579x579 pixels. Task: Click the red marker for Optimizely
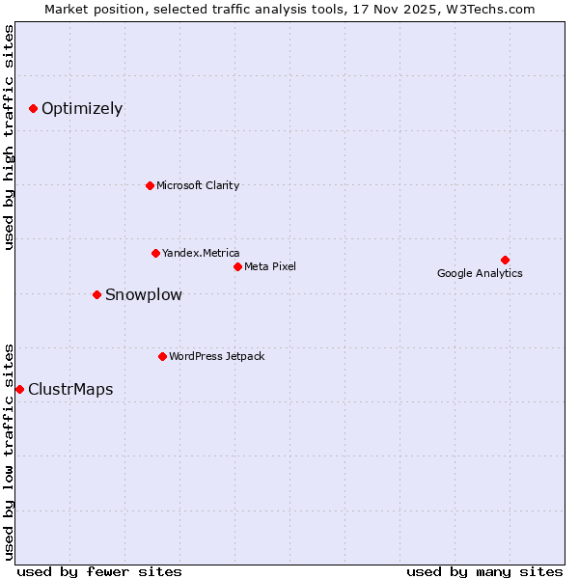33,109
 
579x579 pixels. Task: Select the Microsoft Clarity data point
150,185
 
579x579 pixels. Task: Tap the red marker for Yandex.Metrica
155,253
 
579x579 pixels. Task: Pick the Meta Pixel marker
237,266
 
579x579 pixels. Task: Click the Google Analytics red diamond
505,260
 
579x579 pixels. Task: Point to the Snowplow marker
96,294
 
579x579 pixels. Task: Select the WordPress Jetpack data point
162,356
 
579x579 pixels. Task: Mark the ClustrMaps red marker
19,389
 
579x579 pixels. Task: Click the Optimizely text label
82,109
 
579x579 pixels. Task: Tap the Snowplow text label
143,295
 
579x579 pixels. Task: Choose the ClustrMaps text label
70,390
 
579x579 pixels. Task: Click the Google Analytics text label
480,274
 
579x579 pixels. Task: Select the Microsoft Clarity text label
198,186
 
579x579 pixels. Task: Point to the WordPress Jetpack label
216,357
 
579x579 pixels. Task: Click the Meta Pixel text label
270,267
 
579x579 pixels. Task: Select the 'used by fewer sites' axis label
99,571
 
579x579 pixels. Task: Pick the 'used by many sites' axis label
484,571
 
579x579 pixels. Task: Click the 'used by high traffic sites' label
9,137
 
